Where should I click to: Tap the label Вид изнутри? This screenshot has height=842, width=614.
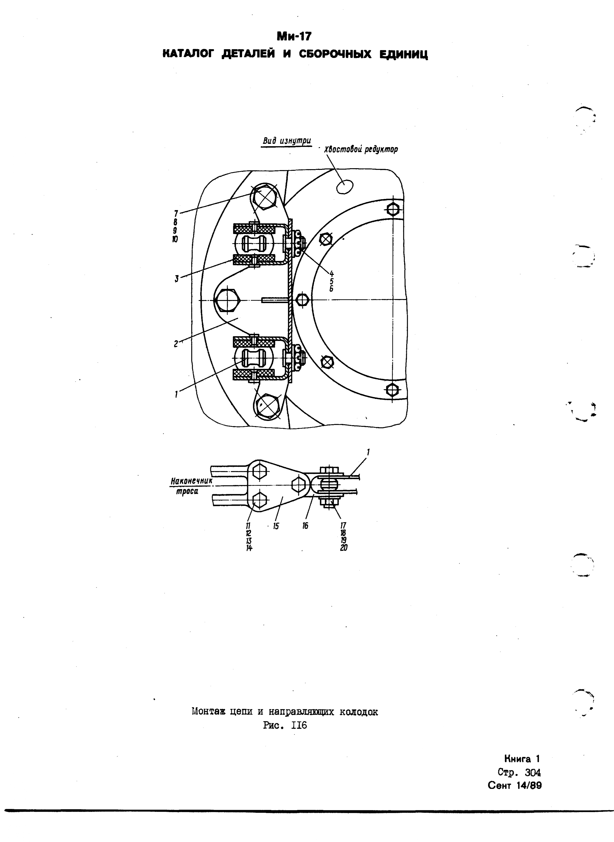click(287, 141)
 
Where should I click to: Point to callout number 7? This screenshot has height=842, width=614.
click(176, 213)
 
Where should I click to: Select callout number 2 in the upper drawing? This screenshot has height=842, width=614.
click(176, 344)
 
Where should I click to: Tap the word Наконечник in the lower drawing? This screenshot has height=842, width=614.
click(191, 481)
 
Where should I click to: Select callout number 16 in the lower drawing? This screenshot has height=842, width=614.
click(305, 526)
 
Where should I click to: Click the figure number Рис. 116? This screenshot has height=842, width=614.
click(285, 725)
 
